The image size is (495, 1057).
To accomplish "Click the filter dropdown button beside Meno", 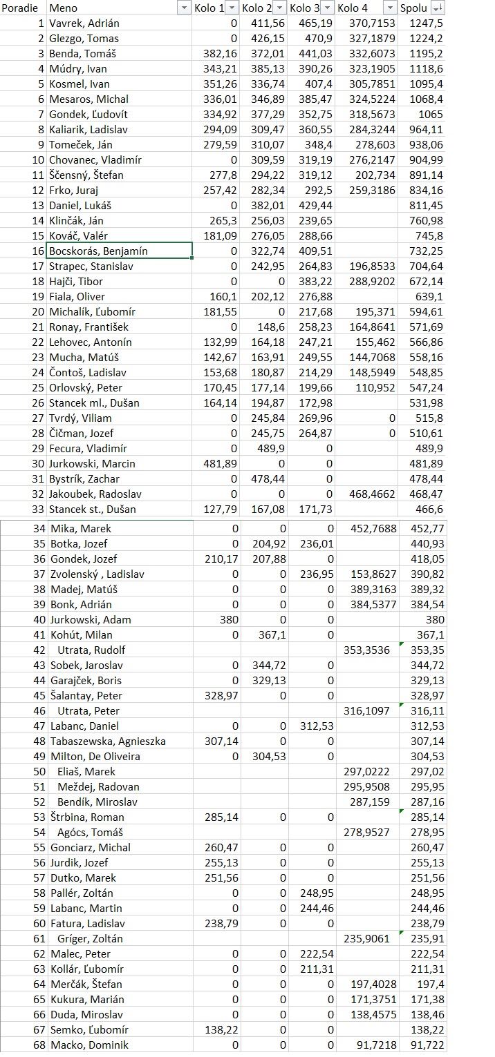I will [184, 8].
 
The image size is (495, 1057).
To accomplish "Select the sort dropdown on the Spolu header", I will [438, 8].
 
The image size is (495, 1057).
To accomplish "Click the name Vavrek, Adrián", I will [84, 23].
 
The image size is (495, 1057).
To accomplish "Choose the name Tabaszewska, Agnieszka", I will [109, 741].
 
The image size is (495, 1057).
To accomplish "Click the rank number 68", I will [39, 1045].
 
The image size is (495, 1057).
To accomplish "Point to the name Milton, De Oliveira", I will [95, 756].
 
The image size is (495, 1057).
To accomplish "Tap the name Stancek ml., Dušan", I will [95, 403].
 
